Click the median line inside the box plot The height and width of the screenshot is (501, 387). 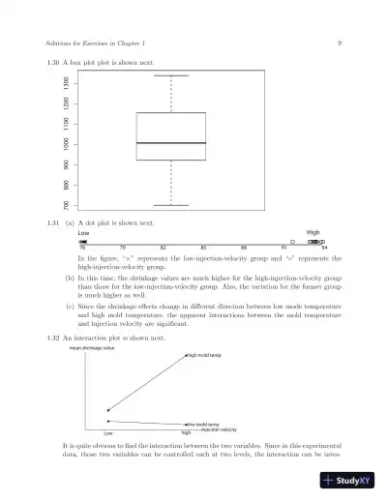point(170,143)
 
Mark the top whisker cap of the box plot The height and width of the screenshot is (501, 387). point(170,74)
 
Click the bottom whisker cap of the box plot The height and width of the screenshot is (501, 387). point(170,205)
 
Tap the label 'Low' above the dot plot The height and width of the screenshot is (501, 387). point(83,233)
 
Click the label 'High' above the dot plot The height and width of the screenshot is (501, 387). point(313,233)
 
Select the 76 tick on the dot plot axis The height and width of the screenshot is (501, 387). point(82,249)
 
